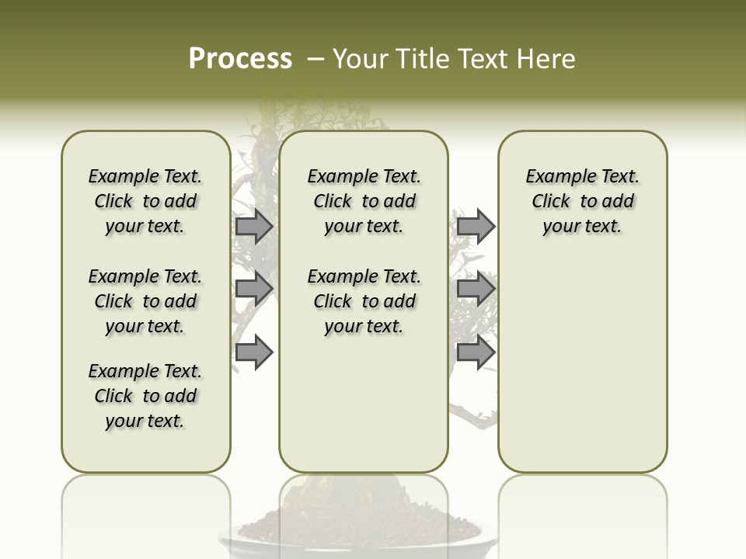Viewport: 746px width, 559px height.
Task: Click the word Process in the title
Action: click(240, 59)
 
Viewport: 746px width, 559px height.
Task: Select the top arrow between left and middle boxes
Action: click(254, 226)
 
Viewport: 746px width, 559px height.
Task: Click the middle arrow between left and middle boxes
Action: click(254, 289)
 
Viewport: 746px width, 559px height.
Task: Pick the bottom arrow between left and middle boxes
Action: click(254, 352)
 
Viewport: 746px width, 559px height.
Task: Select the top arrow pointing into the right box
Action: click(476, 226)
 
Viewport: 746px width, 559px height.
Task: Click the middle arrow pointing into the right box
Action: click(476, 289)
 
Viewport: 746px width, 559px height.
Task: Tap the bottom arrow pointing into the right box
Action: click(476, 352)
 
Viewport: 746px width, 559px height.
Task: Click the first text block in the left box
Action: click(145, 201)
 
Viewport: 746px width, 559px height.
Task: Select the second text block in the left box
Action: click(145, 301)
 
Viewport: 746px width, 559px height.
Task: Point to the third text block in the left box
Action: click(145, 396)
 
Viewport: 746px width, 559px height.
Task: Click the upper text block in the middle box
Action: click(364, 201)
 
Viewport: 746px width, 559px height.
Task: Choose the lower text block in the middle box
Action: click(364, 301)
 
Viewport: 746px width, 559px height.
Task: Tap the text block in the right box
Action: click(582, 201)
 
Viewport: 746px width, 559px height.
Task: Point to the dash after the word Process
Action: click(315, 59)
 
